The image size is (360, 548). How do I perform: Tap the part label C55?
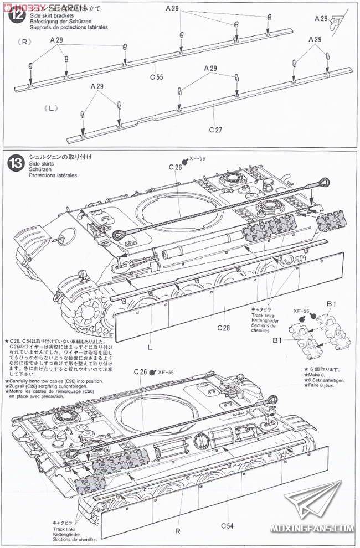157,76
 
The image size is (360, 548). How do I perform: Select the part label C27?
215,130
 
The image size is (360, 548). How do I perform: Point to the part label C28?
223,328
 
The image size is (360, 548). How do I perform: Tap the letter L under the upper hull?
150,348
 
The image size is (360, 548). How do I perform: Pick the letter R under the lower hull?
178,530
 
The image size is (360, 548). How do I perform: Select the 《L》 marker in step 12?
49,108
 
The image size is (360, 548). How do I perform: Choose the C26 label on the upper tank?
175,167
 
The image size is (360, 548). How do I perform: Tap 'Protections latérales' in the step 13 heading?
54,175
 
